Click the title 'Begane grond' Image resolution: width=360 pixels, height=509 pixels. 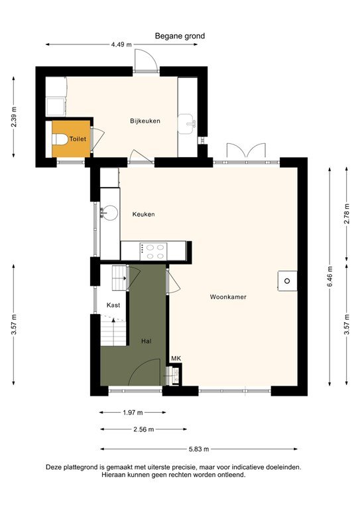(x=180, y=36)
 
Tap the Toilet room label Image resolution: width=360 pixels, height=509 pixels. (x=78, y=140)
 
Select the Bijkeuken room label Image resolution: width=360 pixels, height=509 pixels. (x=145, y=121)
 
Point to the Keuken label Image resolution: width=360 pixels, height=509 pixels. (x=143, y=214)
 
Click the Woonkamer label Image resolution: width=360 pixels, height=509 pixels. (x=228, y=297)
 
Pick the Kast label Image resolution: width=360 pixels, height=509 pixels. (x=113, y=305)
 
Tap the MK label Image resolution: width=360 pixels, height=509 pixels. (x=176, y=359)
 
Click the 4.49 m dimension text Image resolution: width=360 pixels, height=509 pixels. (x=121, y=45)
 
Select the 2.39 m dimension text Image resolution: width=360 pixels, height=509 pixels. (x=14, y=117)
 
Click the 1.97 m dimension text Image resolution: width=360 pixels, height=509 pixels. (x=133, y=412)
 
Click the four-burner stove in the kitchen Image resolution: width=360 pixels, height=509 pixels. (x=156, y=251)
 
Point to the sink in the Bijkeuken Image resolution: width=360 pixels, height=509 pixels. (x=189, y=122)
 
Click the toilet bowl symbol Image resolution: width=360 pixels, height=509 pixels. (x=62, y=140)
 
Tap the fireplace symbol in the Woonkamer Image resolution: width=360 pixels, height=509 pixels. (x=288, y=281)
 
